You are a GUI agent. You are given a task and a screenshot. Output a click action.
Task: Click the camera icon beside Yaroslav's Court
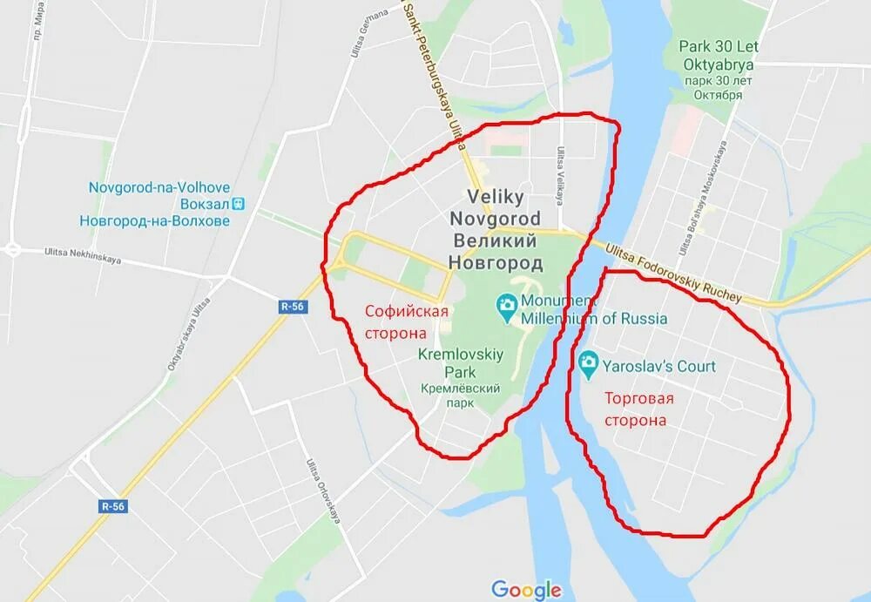pos(589,362)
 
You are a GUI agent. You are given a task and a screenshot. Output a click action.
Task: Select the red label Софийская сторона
pos(407,321)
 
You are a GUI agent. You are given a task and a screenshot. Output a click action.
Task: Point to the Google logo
pos(525,590)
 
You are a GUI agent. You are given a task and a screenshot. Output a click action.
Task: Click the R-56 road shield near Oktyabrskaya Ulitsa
pos(292,306)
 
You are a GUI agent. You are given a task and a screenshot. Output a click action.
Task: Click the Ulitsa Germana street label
pos(357,36)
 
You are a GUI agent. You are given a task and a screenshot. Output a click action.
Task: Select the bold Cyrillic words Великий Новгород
pos(495,251)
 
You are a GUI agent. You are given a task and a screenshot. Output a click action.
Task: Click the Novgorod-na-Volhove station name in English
pos(159,186)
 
